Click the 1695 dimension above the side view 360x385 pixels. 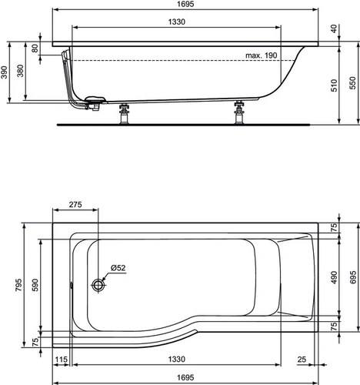pyautogui.click(x=185, y=4)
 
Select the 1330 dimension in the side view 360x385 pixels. pyautogui.click(x=177, y=22)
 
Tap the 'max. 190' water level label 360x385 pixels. pyautogui.click(x=262, y=55)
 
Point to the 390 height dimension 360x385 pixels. pyautogui.click(x=4, y=72)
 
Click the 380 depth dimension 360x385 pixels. pyautogui.click(x=20, y=71)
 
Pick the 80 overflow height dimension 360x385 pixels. pyautogui.click(x=35, y=48)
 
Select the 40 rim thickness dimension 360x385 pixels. pyautogui.click(x=334, y=28)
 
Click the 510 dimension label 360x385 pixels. pyautogui.click(x=334, y=85)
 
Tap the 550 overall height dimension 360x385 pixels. pyautogui.click(x=353, y=82)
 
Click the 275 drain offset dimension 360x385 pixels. pyautogui.click(x=75, y=205)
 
